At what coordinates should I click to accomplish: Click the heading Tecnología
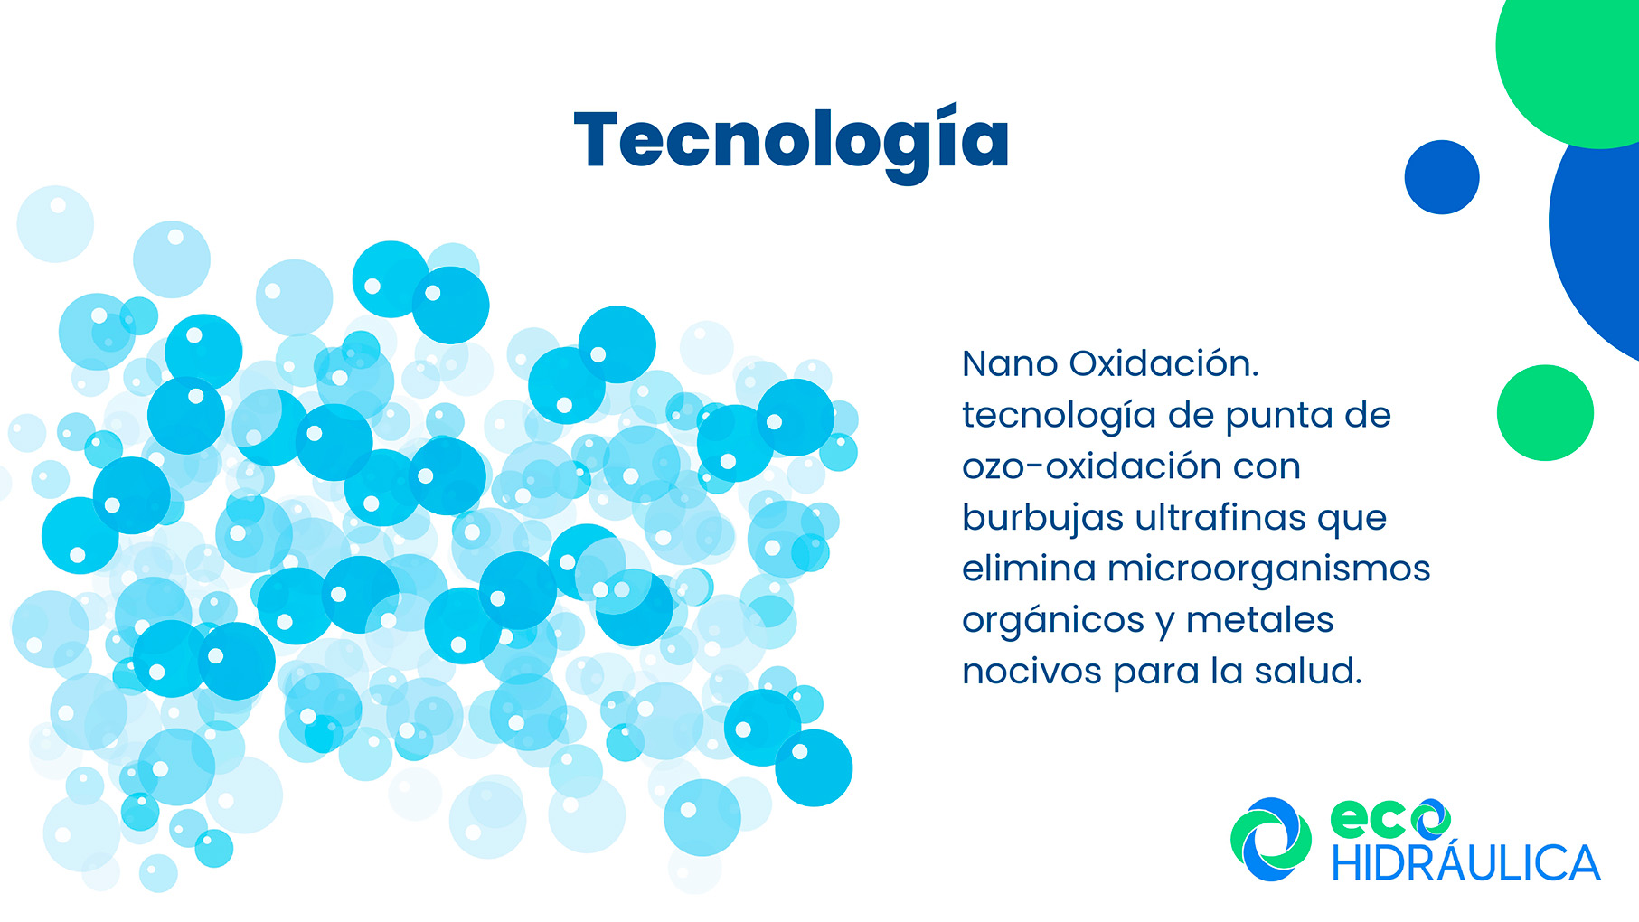(x=792, y=141)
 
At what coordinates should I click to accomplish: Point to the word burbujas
(x=1042, y=518)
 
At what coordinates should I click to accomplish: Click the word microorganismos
(x=1269, y=569)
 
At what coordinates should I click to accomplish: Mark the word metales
(x=1260, y=620)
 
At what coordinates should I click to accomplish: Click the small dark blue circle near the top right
(x=1442, y=177)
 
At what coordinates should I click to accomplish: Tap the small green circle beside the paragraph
(x=1545, y=413)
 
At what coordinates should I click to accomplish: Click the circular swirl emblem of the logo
(x=1271, y=839)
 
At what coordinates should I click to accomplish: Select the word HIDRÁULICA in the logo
(x=1466, y=863)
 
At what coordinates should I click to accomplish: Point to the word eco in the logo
(x=1390, y=819)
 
